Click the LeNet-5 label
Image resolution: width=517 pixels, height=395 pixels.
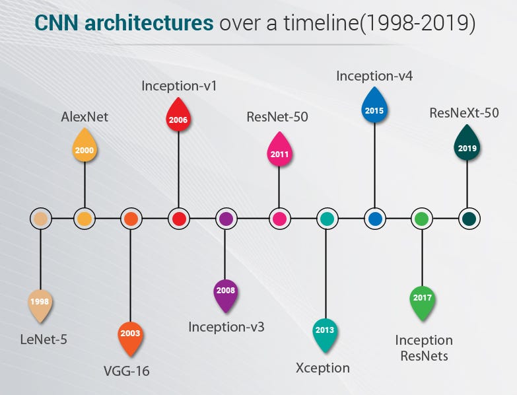point(44,341)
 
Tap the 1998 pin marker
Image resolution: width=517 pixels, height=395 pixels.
point(40,303)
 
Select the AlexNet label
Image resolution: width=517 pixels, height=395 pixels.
point(85,117)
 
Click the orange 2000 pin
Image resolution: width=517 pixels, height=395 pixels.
point(85,149)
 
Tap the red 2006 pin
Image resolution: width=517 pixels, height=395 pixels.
point(178,118)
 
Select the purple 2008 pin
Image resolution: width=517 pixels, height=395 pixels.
point(225,291)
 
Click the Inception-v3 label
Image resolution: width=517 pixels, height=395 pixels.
point(226,326)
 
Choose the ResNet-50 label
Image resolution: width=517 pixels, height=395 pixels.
point(277,118)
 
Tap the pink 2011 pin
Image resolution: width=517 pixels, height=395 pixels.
point(279,153)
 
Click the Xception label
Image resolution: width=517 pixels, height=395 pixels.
point(322,367)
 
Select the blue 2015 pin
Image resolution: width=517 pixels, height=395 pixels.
point(374,107)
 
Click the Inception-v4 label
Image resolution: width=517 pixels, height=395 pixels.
point(374,75)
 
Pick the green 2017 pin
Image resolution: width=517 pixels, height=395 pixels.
point(422,299)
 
